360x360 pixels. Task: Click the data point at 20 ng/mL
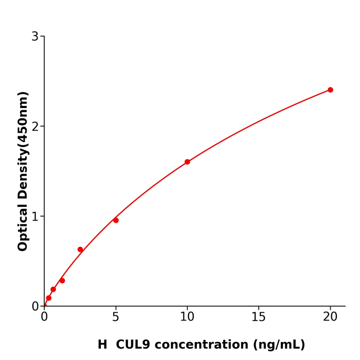coord(330,90)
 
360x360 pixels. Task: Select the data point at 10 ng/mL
coord(187,162)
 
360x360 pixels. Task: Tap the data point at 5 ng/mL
coord(116,220)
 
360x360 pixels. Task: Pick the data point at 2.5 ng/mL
coord(80,249)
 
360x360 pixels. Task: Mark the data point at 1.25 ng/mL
coord(62,281)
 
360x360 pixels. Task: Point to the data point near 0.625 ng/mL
coord(53,290)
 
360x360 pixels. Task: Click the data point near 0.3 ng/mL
coord(49,298)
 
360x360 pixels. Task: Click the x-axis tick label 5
coord(116,317)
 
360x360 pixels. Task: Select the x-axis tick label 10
coord(187,317)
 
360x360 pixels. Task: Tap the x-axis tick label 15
coord(259,317)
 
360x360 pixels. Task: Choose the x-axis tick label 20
coord(330,317)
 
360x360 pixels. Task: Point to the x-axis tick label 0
coord(44,317)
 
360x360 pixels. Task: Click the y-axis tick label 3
coord(35,37)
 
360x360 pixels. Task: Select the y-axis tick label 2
coord(35,127)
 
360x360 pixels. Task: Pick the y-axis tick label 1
coord(35,217)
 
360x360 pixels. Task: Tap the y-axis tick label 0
coord(35,307)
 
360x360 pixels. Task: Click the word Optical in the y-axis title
coord(23,228)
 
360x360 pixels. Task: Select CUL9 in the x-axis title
coord(136,345)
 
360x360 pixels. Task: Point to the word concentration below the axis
coord(209,345)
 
